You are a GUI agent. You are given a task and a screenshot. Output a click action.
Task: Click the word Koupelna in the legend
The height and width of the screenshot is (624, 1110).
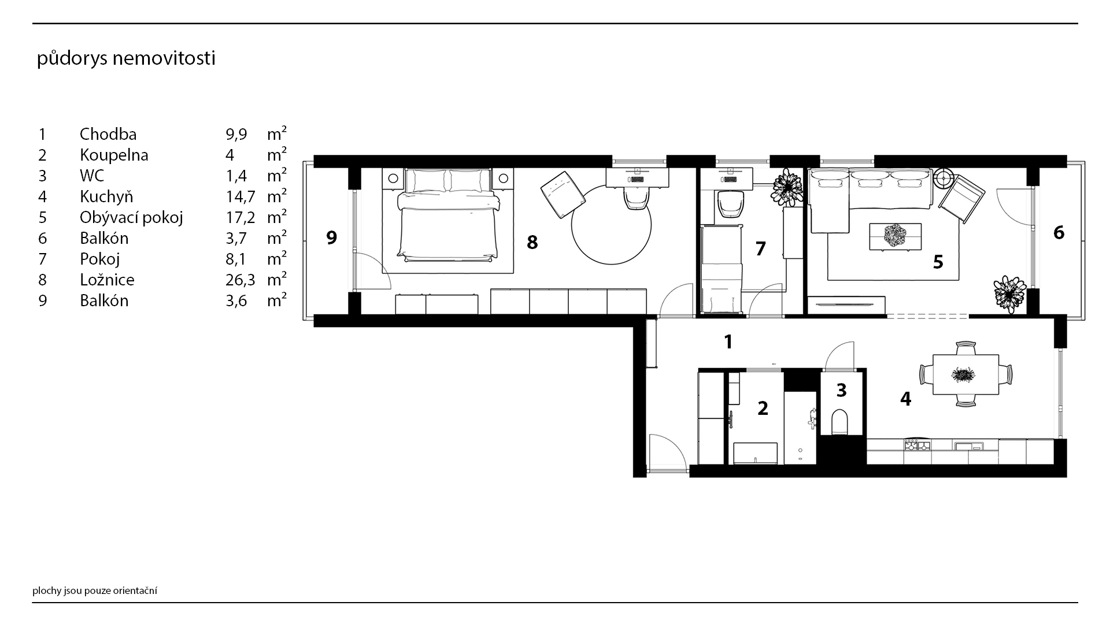(114, 155)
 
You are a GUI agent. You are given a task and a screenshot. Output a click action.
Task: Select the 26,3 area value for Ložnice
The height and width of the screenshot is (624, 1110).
(236, 280)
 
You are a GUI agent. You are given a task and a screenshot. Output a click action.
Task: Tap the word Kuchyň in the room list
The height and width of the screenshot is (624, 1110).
(106, 196)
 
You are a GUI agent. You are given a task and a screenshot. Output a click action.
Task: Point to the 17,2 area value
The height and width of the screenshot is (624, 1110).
(236, 217)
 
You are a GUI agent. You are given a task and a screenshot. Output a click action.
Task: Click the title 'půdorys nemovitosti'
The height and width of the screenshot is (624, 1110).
(126, 59)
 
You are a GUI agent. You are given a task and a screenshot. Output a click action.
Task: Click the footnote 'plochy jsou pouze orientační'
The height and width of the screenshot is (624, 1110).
(95, 590)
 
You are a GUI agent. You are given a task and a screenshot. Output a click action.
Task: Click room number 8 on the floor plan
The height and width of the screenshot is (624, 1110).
(532, 243)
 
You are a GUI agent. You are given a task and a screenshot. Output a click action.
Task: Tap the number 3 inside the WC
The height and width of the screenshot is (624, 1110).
(841, 390)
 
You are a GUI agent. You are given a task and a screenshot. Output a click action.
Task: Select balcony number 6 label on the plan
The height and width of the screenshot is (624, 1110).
(1059, 232)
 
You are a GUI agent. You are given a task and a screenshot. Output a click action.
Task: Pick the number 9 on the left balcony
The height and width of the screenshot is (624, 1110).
(331, 237)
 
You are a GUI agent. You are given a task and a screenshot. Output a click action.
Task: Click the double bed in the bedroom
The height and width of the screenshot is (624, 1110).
(447, 214)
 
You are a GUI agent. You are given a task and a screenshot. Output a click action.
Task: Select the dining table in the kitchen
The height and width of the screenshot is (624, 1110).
(965, 374)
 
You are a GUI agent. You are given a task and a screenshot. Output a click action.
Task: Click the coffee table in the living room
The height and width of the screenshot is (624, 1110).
(895, 236)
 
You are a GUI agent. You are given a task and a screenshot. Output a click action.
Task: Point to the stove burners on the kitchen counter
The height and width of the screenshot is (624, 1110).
(917, 445)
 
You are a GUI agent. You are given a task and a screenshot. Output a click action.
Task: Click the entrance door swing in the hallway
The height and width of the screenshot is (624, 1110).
(667, 454)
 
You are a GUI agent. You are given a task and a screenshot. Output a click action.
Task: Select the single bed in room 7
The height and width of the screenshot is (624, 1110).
(721, 270)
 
